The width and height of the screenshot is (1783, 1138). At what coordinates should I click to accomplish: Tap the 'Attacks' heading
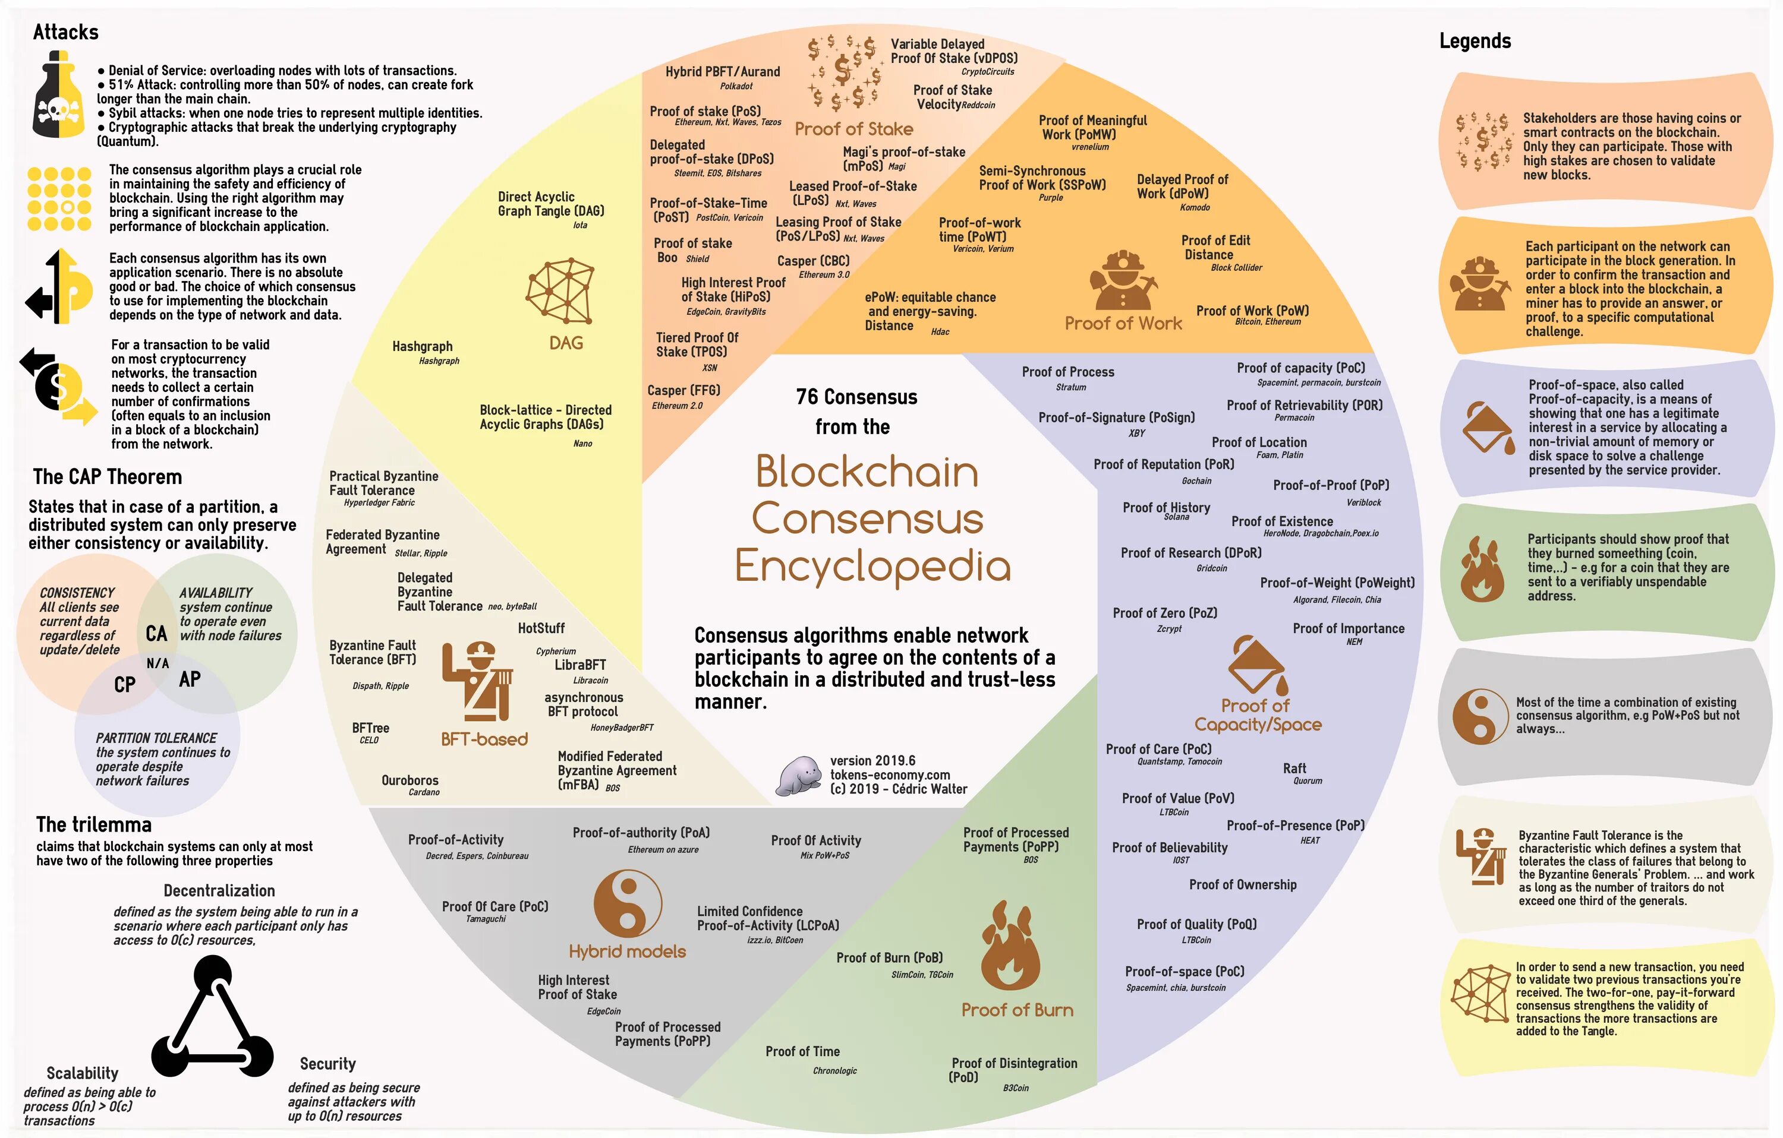coord(66,32)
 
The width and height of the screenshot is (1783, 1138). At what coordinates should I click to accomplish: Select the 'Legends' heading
coord(1474,41)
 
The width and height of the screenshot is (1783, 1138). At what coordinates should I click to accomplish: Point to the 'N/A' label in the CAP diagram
coord(157,663)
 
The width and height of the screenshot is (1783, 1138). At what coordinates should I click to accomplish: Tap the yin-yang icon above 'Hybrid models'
coord(627,903)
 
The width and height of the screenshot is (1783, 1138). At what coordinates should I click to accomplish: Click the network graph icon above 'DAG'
coord(560,291)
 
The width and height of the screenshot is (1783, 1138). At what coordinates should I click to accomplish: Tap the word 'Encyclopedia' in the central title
coord(872,566)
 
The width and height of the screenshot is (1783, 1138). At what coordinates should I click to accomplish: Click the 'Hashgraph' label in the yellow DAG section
coord(422,346)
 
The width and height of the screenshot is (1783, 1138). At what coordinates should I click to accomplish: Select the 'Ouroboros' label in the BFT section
coord(409,780)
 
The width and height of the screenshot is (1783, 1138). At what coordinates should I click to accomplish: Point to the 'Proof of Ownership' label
coord(1243,884)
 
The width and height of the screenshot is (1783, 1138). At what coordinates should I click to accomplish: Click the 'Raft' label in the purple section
coord(1294,768)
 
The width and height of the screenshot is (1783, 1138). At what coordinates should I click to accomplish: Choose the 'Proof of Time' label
coord(802,1051)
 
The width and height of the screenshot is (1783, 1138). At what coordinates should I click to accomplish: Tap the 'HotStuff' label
coord(541,628)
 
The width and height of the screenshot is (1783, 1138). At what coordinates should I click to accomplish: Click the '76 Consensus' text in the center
coord(856,397)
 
